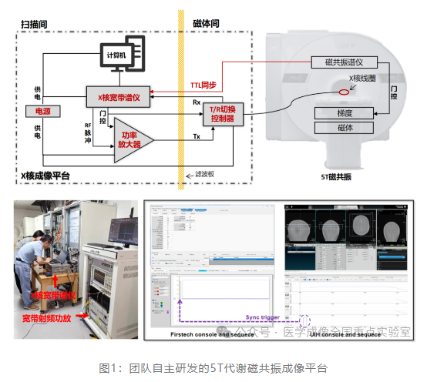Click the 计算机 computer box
(118, 55)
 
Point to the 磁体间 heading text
(206, 25)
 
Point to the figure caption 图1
(213, 368)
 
